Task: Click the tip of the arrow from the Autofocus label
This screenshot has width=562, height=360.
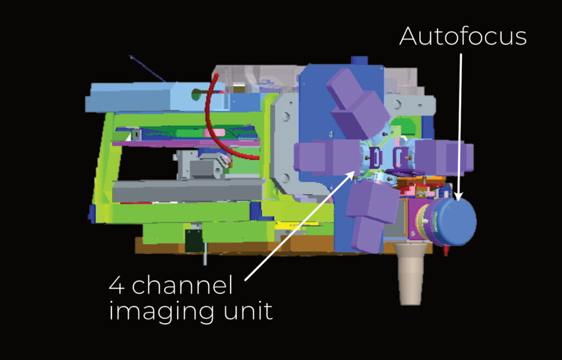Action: pos(458,200)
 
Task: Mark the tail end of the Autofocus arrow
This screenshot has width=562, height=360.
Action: pos(460,54)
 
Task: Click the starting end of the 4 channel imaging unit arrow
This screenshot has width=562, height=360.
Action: pos(245,280)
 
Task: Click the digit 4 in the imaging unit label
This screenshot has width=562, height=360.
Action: pos(117,285)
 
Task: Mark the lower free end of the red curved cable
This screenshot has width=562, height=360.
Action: pos(258,157)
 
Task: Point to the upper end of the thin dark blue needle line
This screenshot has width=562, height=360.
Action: pos(131,57)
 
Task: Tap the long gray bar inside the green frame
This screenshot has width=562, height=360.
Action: pos(189,190)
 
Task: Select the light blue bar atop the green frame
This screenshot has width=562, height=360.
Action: pos(155,97)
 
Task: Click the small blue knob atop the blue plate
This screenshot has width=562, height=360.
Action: pos(359,60)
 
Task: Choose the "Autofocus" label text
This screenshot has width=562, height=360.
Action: pos(463,36)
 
